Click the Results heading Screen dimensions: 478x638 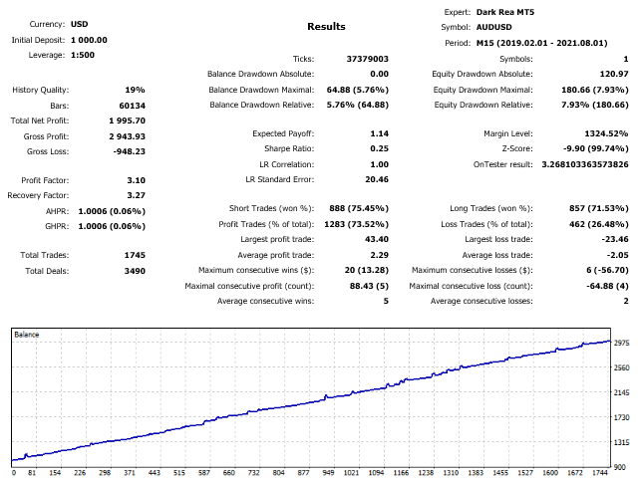point(326,27)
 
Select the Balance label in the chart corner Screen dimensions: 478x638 point(26,335)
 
